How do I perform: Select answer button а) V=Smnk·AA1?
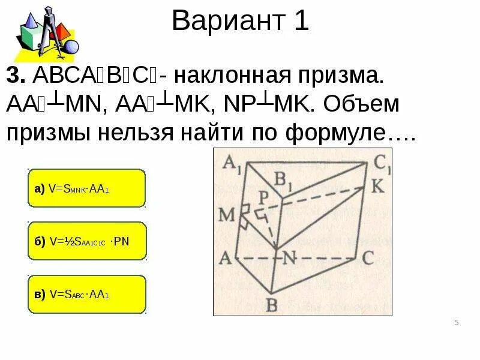pos(86,188)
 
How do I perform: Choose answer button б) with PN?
pos(86,241)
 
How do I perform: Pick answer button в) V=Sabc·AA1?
pos(86,294)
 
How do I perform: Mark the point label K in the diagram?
pos(377,187)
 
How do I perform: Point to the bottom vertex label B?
pos(271,305)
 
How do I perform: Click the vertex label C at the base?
pos(368,258)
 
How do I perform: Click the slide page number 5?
pos(457,323)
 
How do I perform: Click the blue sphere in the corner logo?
pos(71,46)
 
